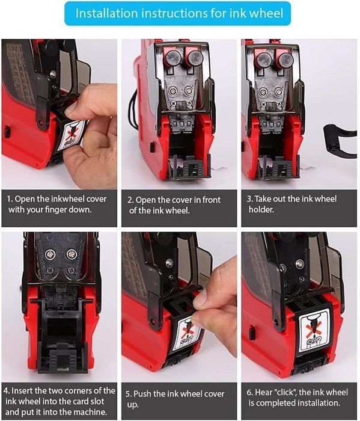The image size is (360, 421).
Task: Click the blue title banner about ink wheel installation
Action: [x=177, y=13]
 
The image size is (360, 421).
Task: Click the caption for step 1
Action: [x=57, y=204]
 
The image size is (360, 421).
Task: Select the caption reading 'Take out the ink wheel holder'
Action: [x=291, y=204]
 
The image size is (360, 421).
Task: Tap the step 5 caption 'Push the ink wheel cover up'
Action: [x=175, y=399]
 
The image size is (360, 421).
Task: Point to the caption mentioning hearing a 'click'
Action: [x=297, y=398]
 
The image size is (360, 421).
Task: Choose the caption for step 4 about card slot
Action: [x=59, y=401]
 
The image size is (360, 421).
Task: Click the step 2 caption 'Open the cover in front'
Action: [x=174, y=205]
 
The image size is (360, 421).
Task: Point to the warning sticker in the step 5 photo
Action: [x=187, y=333]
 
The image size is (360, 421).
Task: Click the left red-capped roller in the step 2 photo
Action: [x=173, y=58]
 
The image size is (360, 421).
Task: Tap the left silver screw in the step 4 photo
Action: [x=50, y=254]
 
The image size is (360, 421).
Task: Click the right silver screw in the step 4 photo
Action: [x=72, y=253]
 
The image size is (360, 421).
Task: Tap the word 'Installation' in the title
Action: [x=107, y=13]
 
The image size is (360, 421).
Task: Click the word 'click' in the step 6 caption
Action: [x=285, y=393]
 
